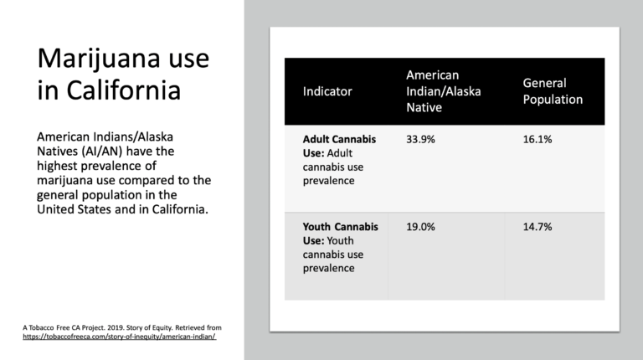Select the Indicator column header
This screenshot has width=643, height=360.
click(x=327, y=91)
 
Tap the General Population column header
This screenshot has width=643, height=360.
click(x=553, y=91)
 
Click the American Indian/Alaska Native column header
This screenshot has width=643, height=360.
click(x=443, y=91)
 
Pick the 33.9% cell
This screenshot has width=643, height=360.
click(x=420, y=140)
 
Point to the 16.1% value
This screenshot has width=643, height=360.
click(x=538, y=140)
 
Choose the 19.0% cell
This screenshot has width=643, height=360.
click(x=420, y=227)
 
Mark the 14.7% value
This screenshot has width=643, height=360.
click(x=538, y=227)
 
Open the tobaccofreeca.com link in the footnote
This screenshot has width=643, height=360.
click(x=120, y=337)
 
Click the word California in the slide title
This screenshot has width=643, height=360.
click(x=123, y=90)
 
